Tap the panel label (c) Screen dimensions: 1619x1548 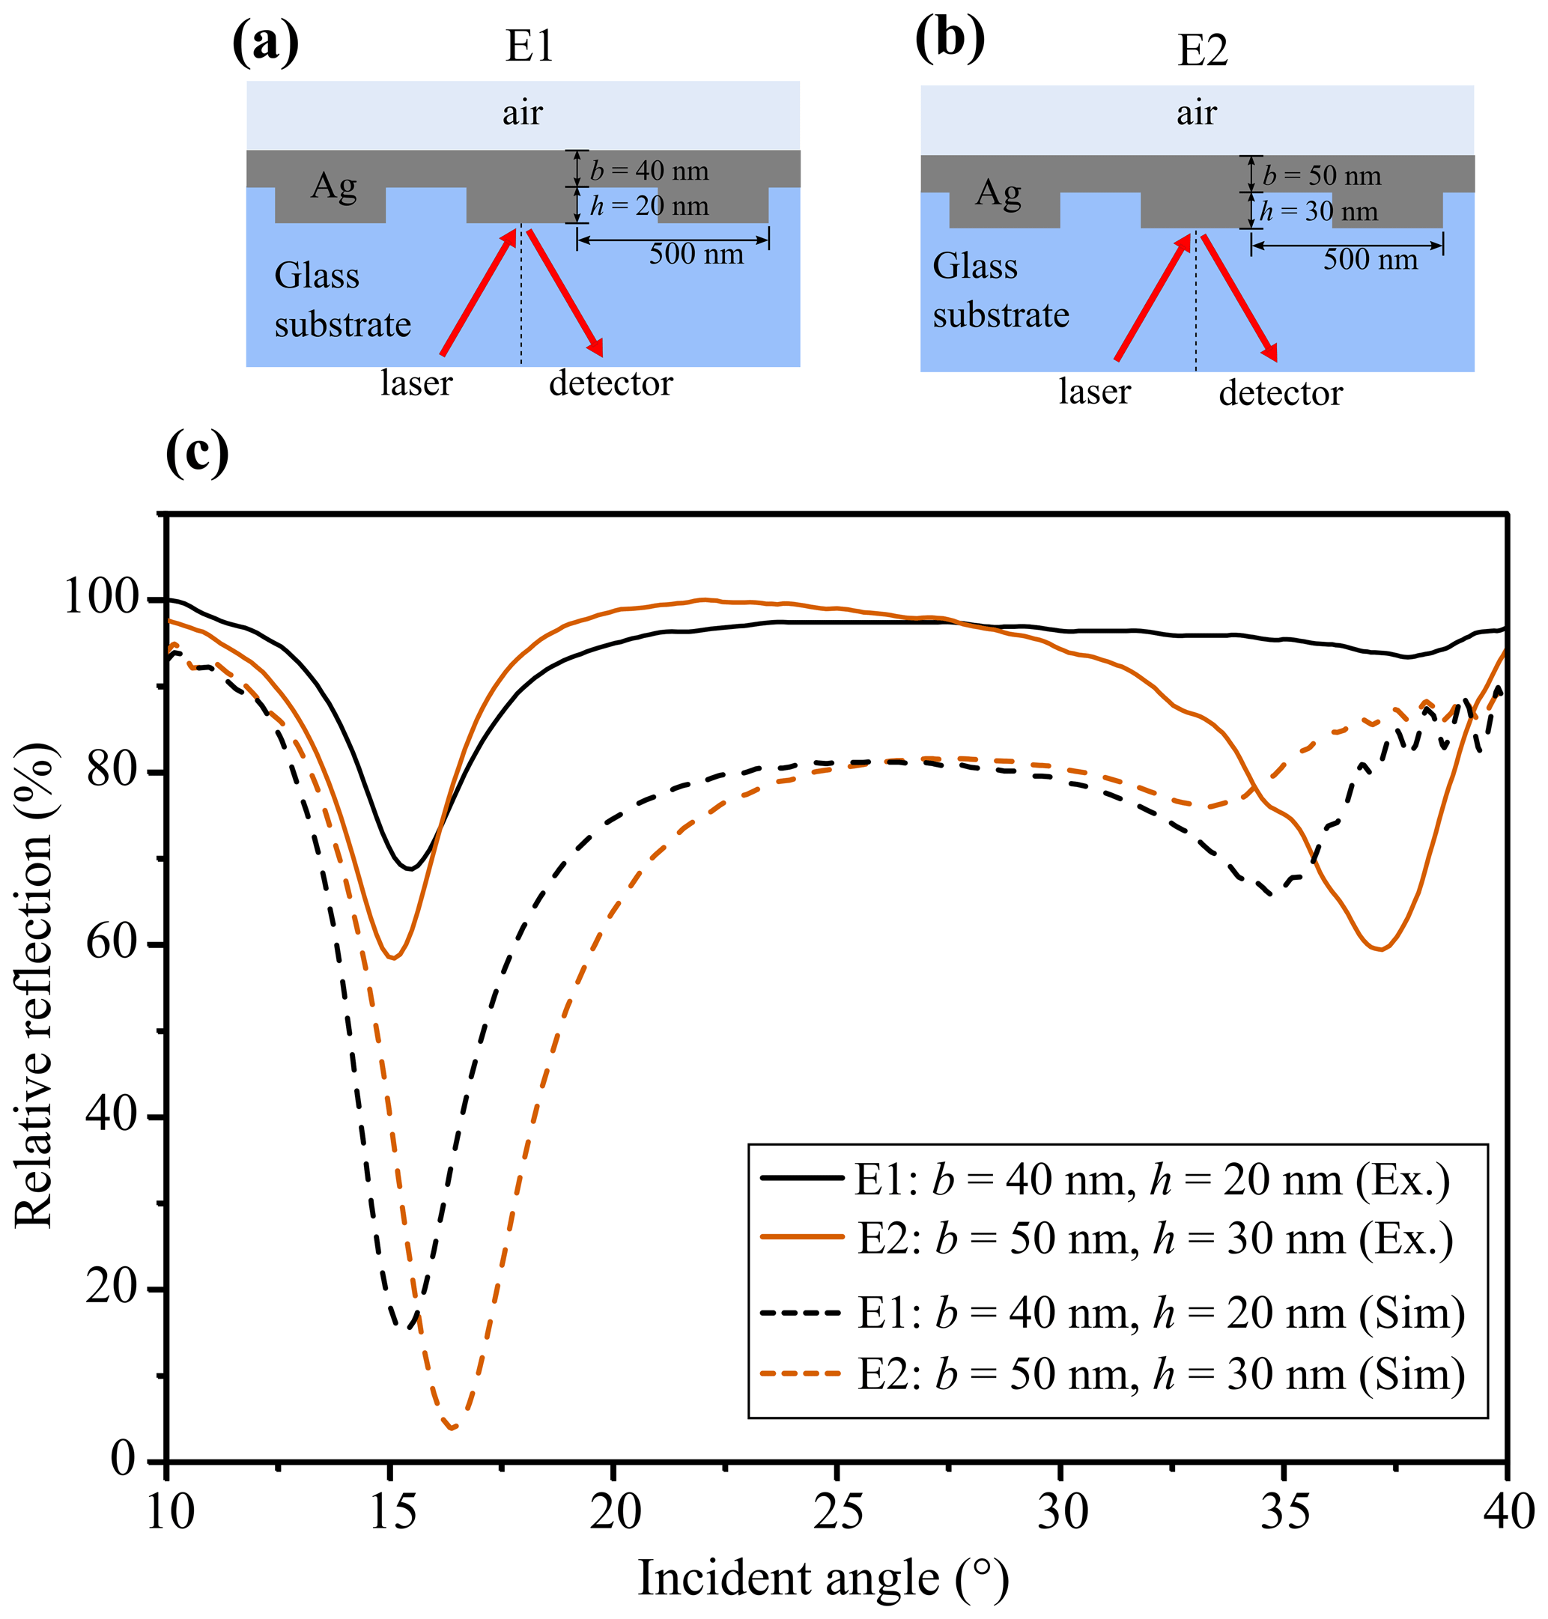click(197, 453)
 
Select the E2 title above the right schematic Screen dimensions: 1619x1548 click(1202, 51)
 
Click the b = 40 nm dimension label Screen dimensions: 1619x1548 click(649, 171)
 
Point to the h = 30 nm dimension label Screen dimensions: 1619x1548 click(1318, 211)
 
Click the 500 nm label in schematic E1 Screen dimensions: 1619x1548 click(696, 254)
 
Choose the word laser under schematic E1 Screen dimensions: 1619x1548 click(416, 383)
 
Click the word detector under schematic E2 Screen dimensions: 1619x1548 click(1281, 394)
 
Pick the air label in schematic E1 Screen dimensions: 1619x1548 click(522, 113)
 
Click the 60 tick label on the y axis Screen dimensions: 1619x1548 click(112, 944)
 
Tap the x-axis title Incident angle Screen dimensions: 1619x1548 click(823, 1579)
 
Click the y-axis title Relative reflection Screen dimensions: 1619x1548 click(34, 986)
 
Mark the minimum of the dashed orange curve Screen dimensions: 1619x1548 click(452, 1427)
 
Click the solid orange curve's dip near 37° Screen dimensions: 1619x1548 click(1380, 949)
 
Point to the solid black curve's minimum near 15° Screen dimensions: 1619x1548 click(410, 868)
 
